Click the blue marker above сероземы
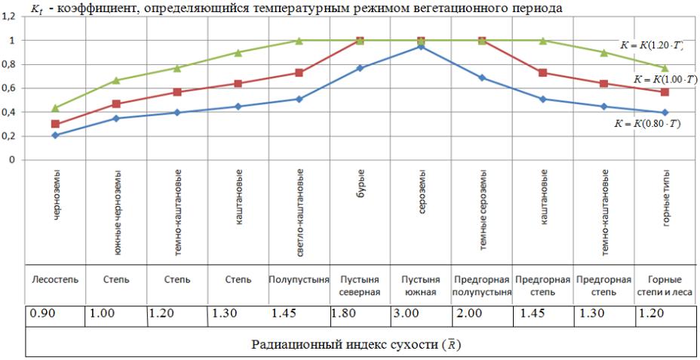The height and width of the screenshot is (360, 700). (421, 47)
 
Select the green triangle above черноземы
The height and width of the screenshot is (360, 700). (55, 108)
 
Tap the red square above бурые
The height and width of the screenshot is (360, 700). (360, 41)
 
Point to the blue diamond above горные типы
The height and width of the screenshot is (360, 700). (665, 112)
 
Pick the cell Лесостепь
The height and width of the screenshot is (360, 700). (55, 279)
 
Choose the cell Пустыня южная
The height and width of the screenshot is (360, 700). (421, 285)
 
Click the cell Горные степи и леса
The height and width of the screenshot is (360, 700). (665, 285)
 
